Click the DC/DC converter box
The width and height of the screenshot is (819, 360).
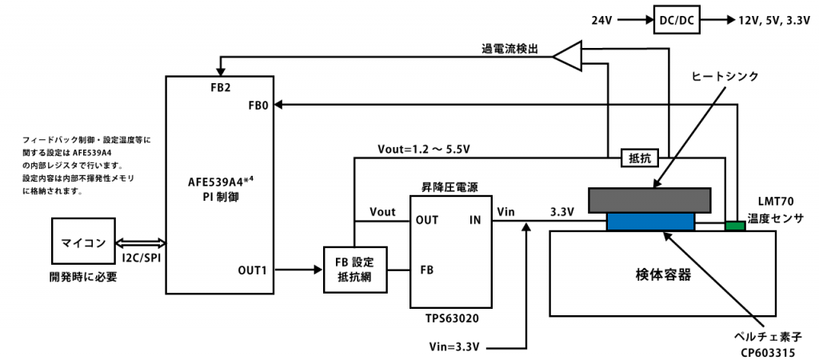click(677, 20)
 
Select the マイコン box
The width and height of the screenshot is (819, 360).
click(83, 243)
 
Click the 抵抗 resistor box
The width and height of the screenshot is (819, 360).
click(639, 158)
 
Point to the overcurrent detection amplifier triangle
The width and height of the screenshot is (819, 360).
click(567, 55)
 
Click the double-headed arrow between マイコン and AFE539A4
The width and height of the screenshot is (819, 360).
click(140, 243)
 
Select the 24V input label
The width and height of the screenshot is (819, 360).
click(601, 20)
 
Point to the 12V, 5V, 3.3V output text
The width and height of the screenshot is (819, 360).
click(773, 20)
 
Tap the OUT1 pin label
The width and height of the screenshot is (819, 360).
click(252, 270)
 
